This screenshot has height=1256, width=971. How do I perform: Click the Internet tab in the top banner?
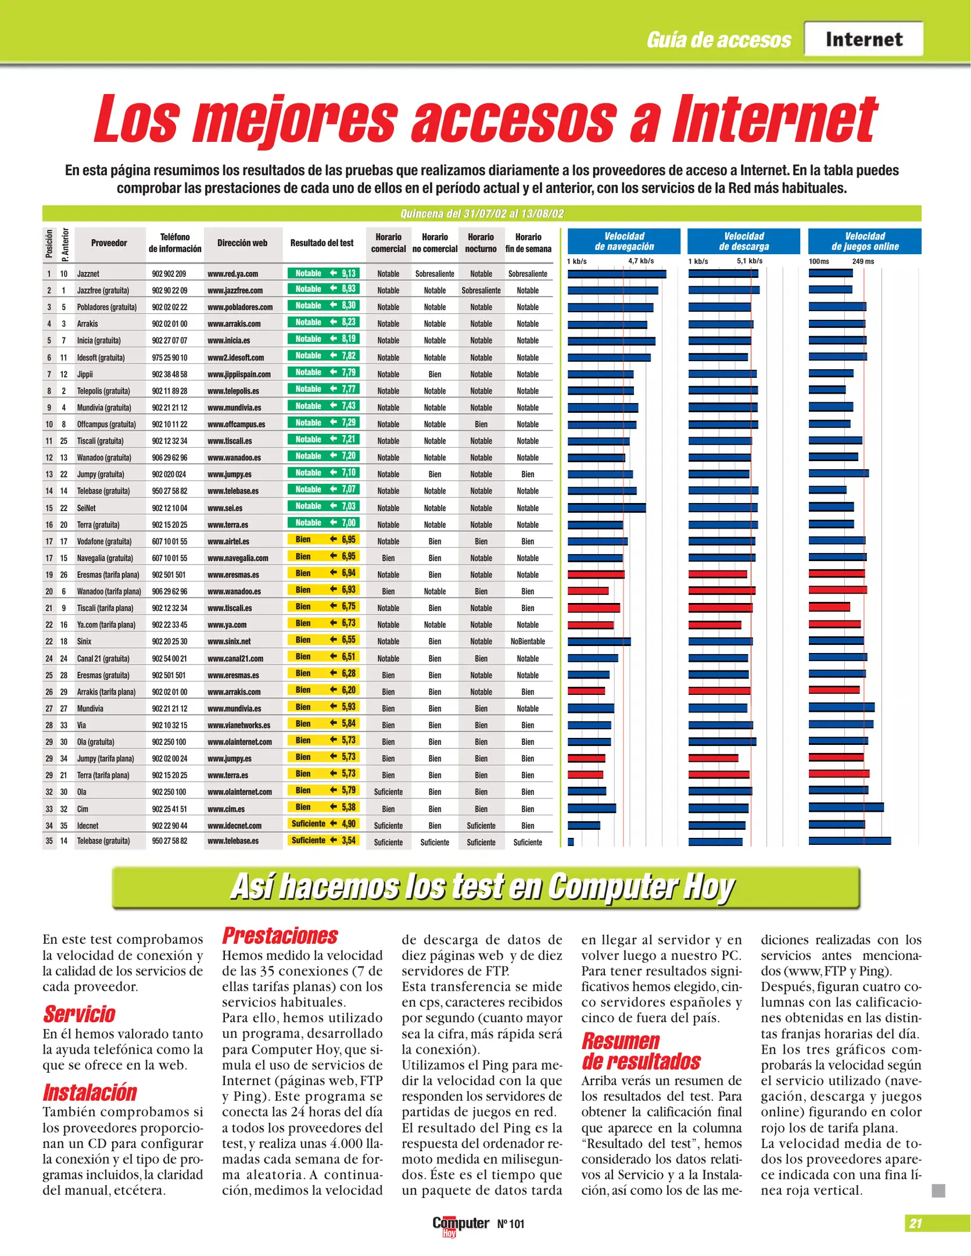863,40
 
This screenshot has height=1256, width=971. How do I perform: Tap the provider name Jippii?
85,374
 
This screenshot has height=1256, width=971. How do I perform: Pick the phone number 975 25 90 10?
170,358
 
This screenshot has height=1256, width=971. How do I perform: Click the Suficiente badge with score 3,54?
323,840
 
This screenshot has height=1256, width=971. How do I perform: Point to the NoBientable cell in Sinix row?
528,641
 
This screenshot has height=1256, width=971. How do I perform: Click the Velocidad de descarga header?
744,241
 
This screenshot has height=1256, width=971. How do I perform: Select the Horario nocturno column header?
481,243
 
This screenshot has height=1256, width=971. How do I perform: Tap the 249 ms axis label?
863,262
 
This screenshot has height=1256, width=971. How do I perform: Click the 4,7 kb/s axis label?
641,261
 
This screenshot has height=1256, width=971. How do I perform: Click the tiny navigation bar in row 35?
571,841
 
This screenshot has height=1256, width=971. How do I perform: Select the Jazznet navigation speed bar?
617,274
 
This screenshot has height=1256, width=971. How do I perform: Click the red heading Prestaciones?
280,936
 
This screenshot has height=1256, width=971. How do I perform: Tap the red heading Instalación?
89,1093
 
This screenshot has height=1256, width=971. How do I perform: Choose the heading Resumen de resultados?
641,1051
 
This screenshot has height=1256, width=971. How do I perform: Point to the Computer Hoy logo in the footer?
460,1225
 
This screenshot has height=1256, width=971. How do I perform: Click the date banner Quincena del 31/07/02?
482,213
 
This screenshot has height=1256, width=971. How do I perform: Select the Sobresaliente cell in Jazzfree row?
481,290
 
